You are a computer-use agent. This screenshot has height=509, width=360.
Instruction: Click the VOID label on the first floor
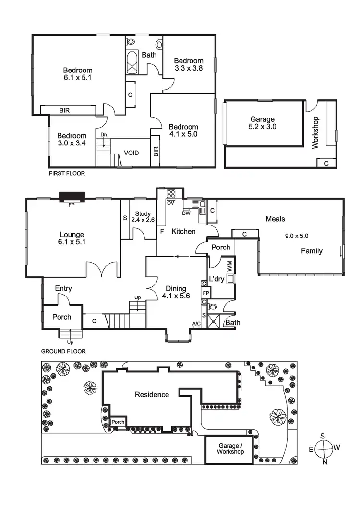coord(132,153)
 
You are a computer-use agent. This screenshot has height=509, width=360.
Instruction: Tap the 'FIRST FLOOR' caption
coord(67,174)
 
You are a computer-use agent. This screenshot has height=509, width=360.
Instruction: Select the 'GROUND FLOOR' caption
coord(63,351)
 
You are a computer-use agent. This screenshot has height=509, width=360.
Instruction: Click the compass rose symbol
coord(324,448)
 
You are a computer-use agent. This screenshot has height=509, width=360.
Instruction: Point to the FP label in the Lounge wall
coord(72,204)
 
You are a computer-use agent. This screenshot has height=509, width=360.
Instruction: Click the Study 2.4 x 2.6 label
coord(143,217)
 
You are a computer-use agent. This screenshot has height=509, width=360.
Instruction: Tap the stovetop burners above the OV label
coord(171,194)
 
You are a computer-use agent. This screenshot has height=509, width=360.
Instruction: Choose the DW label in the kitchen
coord(186,213)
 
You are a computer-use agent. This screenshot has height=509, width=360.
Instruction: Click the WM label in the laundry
coord(229,264)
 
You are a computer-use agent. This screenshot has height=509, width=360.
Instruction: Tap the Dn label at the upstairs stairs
coord(103,135)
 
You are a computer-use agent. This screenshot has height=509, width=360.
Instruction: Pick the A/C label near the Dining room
coord(196,324)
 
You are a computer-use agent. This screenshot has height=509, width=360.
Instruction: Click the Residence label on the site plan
coord(152,395)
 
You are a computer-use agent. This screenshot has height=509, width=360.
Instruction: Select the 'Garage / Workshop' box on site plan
coord(230,449)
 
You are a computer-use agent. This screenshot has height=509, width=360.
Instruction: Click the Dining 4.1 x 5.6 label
coord(178,292)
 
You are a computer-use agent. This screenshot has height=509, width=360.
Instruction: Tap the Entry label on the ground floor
coord(63,288)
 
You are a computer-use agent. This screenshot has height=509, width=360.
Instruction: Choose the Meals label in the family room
coord(276,219)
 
